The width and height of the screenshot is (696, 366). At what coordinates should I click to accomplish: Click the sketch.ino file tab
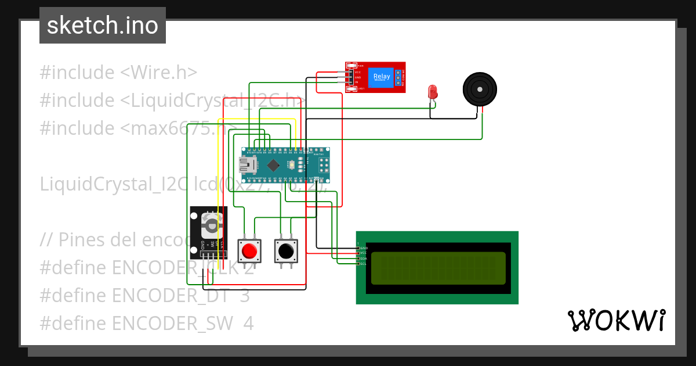pos(103,26)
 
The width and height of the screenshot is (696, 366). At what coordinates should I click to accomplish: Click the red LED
pos(432,92)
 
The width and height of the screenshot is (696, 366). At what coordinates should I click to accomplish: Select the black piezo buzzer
pos(480,89)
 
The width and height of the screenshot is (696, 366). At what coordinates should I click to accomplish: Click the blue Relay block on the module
pos(382,77)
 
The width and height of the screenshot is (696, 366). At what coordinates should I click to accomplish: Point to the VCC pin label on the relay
pos(358,71)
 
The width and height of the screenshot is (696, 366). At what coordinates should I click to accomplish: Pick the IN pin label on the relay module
pos(356,82)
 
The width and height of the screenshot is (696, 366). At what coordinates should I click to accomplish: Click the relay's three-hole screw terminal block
pos(400,77)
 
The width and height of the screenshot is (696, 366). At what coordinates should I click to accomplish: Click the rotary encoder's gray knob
pos(211,224)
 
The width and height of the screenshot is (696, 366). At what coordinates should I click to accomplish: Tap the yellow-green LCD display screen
pos(438,268)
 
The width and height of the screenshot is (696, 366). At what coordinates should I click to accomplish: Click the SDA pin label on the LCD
pos(363,259)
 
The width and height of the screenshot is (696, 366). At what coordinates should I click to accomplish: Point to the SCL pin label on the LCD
pos(363,264)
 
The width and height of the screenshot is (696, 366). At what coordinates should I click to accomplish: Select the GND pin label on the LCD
pos(364,248)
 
